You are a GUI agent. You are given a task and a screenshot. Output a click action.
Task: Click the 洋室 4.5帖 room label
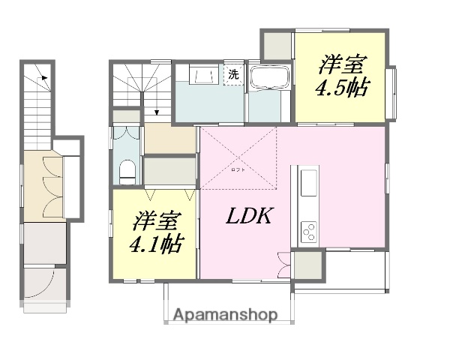click(x=342, y=74)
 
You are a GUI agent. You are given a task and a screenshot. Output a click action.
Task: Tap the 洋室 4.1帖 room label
click(x=155, y=233)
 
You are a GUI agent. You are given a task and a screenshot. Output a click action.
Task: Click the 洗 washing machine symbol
click(x=233, y=74)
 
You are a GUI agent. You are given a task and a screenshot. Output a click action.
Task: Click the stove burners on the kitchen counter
click(x=309, y=232)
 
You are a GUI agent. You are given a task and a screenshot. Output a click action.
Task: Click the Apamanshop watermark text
click(x=225, y=314)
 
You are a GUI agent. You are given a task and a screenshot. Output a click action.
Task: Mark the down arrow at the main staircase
click(x=156, y=113)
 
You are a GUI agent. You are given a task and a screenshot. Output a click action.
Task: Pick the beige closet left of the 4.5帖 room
click(x=277, y=46)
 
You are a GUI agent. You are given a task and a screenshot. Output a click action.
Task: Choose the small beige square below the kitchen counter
click(x=307, y=266)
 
